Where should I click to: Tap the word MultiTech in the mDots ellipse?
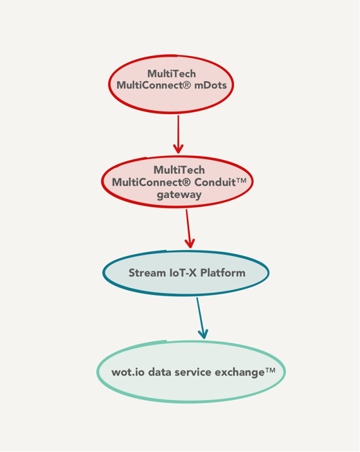[x=172, y=73]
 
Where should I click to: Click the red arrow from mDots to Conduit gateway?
[x=178, y=134]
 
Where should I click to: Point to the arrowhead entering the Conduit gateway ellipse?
[x=179, y=149]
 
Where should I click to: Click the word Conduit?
[x=215, y=182]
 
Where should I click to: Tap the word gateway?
[x=179, y=195]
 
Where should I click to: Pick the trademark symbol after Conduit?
[x=241, y=181]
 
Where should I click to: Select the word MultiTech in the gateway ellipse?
[x=179, y=170]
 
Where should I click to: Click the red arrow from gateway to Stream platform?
[x=188, y=228]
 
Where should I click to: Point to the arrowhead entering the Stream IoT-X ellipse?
[x=190, y=244]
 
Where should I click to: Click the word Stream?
[x=147, y=273]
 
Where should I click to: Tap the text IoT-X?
[x=183, y=273]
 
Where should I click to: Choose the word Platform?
[x=222, y=273]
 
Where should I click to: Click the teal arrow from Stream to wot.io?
[x=201, y=318]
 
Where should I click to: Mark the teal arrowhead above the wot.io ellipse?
[x=204, y=334]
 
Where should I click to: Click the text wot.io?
[x=128, y=372]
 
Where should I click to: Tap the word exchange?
[x=240, y=372]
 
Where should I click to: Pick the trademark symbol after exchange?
[x=270, y=370]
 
